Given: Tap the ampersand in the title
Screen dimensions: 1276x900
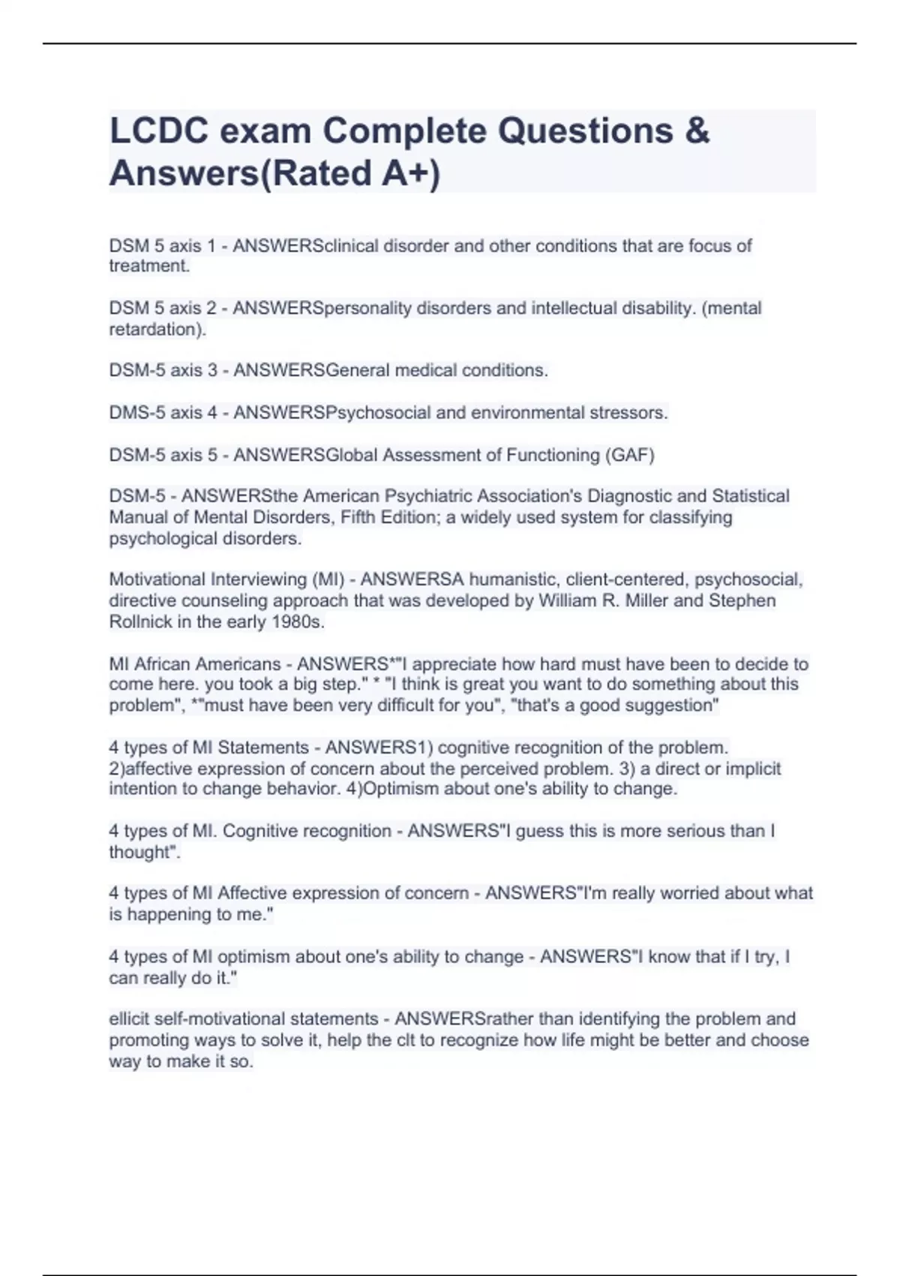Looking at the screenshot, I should coord(697,131).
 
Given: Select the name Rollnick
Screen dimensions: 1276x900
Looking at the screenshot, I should coord(142,621).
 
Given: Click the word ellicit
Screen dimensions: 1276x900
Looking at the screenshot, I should coord(129,1019).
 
